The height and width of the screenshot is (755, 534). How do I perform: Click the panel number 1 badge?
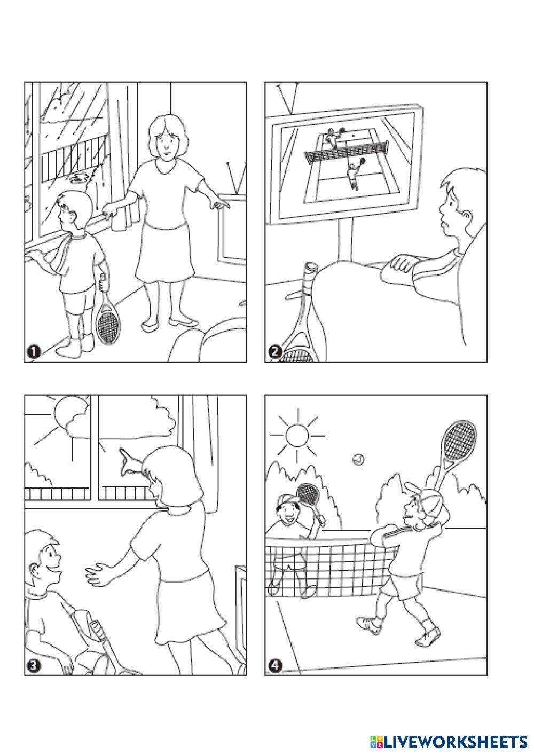pos(34,352)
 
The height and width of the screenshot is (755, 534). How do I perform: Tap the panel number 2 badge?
pos(274,352)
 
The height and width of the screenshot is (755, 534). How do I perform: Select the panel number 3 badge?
pos(34,666)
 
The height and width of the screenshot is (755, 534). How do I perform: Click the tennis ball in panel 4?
pos(358,459)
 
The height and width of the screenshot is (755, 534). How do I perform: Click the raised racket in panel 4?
pos(456,449)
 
